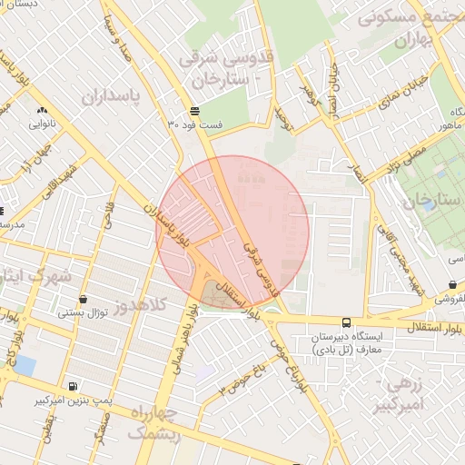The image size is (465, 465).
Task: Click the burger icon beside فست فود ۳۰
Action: [x=195, y=111]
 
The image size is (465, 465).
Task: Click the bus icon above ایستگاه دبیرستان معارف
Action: [x=346, y=322]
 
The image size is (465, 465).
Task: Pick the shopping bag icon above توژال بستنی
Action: [x=84, y=299]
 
